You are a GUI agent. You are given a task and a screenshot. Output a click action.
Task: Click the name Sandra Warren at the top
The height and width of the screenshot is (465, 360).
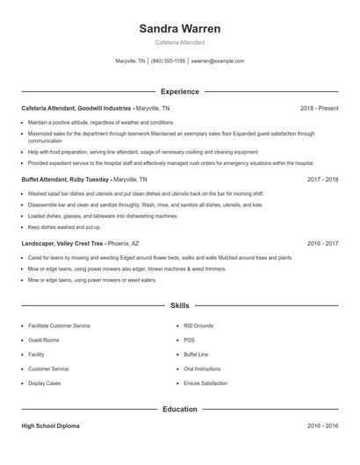[x=179, y=28]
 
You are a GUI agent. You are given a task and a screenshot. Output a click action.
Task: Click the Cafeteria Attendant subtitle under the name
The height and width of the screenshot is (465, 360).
[x=179, y=42]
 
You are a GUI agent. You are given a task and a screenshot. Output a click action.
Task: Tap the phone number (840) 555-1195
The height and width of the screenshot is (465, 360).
[x=168, y=61]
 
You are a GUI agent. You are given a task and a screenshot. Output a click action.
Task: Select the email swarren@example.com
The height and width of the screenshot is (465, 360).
[x=217, y=61]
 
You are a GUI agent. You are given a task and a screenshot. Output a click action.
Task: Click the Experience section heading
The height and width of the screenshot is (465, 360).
[x=179, y=91]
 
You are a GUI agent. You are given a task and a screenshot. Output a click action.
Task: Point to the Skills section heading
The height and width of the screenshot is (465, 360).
[x=179, y=306]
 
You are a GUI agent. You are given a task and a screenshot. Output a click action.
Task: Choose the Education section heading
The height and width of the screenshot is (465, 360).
[x=179, y=409]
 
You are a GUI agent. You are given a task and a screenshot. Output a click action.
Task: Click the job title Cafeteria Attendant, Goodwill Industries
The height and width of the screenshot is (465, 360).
[x=77, y=108]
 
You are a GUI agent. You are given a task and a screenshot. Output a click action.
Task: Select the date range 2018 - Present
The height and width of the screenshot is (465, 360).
[x=319, y=108]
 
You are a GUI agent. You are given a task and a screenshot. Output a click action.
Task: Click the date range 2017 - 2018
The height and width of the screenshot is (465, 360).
[x=322, y=178]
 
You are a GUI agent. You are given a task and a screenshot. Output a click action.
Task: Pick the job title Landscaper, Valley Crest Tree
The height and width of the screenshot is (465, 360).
[x=62, y=243]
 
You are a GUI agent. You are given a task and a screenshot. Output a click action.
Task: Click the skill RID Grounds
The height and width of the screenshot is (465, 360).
[x=198, y=325]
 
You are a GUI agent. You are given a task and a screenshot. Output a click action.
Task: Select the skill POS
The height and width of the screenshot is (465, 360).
[x=189, y=340]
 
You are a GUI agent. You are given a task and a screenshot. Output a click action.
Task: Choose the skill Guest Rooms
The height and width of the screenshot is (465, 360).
[x=44, y=340]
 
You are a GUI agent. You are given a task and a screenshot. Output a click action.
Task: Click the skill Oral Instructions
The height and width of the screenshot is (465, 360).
[x=202, y=369]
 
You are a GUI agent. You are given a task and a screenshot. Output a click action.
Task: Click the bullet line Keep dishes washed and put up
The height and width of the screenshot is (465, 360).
[x=61, y=226]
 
